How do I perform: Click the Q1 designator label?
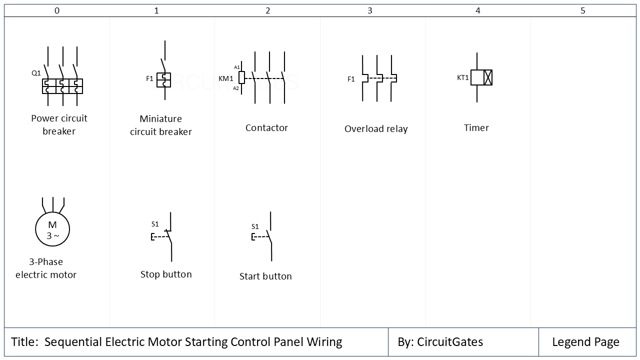click(x=36, y=73)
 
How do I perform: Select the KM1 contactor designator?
click(x=226, y=78)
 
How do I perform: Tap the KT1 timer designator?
click(x=463, y=77)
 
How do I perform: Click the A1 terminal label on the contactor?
click(x=237, y=67)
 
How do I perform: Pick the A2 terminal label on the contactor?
click(x=236, y=88)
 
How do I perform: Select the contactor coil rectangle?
click(x=242, y=77)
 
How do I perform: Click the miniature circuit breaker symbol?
click(x=163, y=80)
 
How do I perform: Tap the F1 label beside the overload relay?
click(x=351, y=79)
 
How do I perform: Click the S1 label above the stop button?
click(x=155, y=224)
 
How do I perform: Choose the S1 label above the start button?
click(x=255, y=226)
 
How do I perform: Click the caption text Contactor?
click(x=266, y=128)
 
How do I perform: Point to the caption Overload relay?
click(x=376, y=129)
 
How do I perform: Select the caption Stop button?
click(x=166, y=274)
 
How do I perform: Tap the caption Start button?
click(x=265, y=276)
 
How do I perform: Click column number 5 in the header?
click(x=582, y=10)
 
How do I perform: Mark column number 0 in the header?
click(x=57, y=10)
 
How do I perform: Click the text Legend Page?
click(x=585, y=342)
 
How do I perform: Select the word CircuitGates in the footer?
click(x=450, y=342)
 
